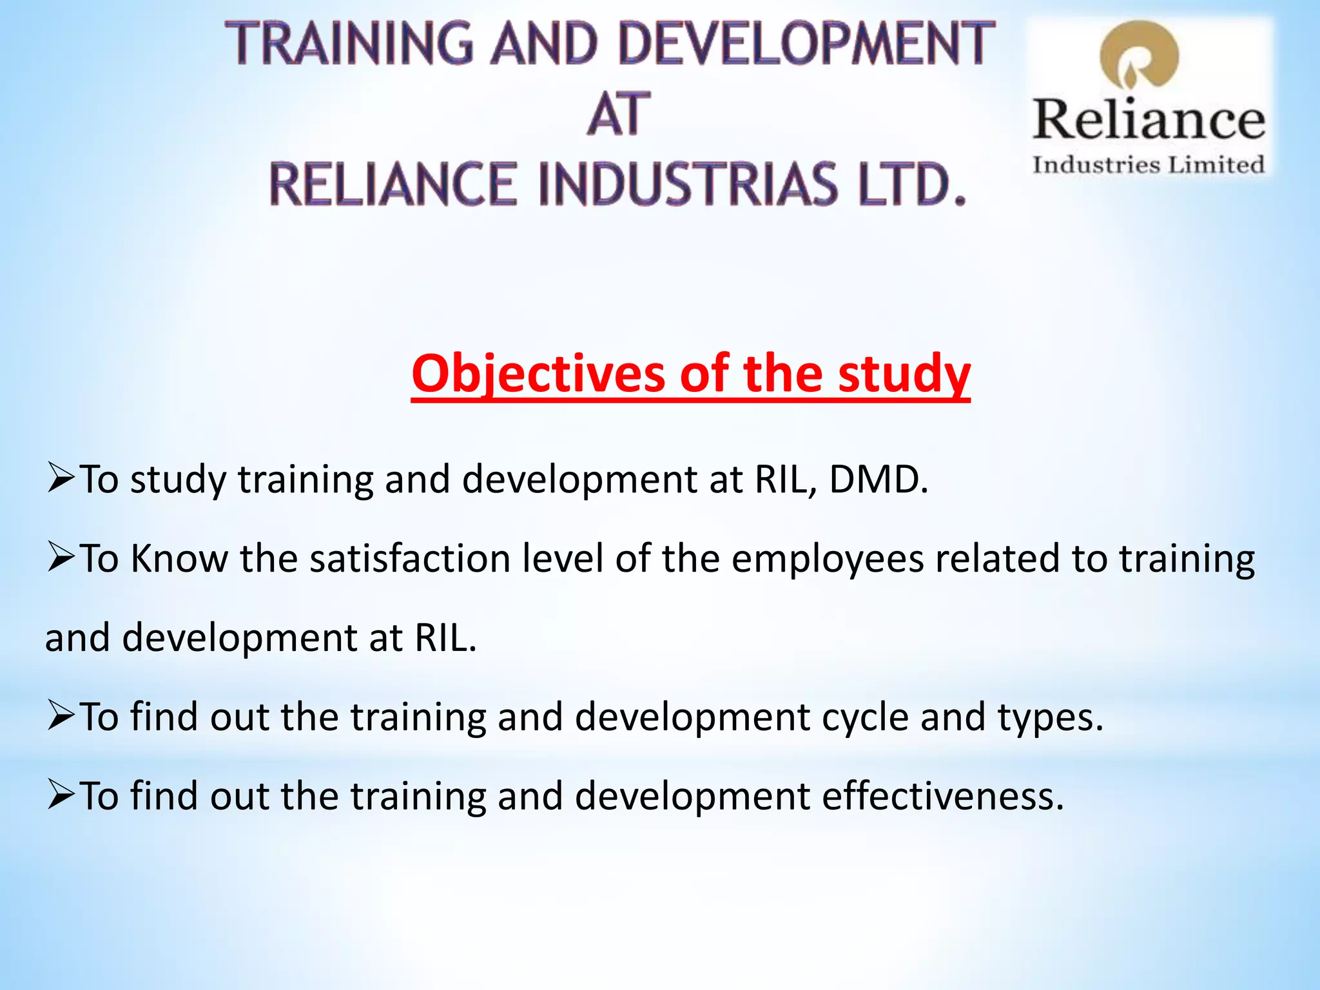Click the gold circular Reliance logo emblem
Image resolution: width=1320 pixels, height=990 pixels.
click(x=1139, y=57)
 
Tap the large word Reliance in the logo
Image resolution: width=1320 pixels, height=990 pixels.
click(x=1149, y=120)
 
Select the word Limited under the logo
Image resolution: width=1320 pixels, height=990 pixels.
click(x=1216, y=165)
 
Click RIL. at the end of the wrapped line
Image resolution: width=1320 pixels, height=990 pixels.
click(x=445, y=638)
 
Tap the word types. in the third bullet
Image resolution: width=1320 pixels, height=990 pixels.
click(x=1051, y=717)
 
